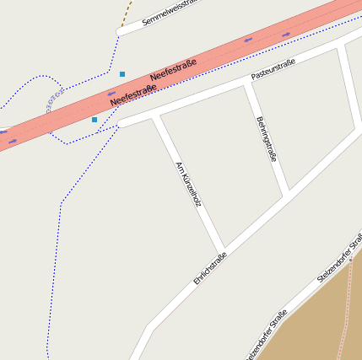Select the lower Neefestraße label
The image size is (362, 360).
click(x=133, y=95)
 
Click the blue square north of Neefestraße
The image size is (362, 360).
click(x=122, y=74)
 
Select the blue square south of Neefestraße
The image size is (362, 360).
click(x=95, y=120)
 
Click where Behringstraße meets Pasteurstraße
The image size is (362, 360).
click(x=246, y=84)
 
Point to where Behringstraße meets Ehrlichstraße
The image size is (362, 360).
click(x=287, y=196)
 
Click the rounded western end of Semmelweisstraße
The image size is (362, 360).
click(x=120, y=32)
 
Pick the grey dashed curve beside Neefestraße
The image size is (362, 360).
click(x=53, y=99)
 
